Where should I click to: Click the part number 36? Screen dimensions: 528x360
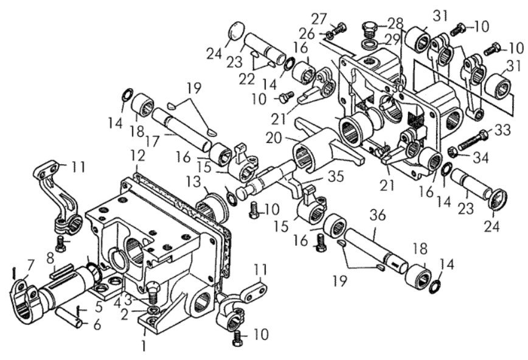[377, 215]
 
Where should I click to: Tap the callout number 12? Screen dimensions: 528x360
[138, 156]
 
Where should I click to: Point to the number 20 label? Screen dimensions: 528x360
[274, 137]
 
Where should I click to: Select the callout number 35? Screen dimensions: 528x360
[335, 176]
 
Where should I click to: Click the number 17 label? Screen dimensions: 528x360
[152, 142]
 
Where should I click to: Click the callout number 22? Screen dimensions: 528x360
[246, 80]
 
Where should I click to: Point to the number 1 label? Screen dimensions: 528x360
[144, 346]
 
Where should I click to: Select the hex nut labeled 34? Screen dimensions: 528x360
[453, 151]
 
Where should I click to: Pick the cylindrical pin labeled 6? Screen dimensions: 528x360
[69, 319]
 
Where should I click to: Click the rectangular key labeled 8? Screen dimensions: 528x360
[61, 271]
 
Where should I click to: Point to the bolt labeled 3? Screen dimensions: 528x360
[153, 292]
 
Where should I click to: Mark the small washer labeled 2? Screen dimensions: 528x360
[155, 310]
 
